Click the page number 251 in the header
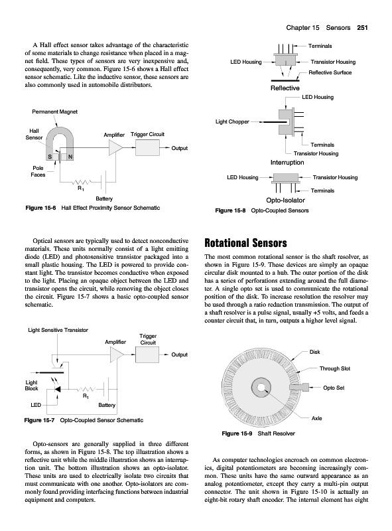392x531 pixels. (x=362, y=28)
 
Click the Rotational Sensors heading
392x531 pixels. (x=245, y=243)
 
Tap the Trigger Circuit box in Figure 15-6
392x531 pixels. (x=147, y=147)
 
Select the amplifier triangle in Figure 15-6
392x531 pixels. (x=116, y=147)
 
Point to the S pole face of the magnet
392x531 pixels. (x=50, y=157)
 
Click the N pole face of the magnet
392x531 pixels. (x=70, y=157)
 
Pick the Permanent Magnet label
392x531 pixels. (x=55, y=112)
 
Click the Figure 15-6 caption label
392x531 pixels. (x=40, y=208)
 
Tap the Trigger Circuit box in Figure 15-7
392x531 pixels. (x=147, y=354)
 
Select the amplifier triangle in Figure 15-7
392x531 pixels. (x=117, y=354)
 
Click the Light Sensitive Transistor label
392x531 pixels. (x=58, y=330)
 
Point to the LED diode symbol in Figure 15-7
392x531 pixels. (x=58, y=390)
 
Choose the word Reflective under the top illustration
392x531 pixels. (x=285, y=88)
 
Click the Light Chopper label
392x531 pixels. (x=232, y=121)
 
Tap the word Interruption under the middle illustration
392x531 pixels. (x=287, y=163)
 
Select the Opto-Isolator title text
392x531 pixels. (x=286, y=200)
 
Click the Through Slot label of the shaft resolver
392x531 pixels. (x=335, y=368)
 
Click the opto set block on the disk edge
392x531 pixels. (x=302, y=388)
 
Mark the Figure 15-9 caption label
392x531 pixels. (x=237, y=433)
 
